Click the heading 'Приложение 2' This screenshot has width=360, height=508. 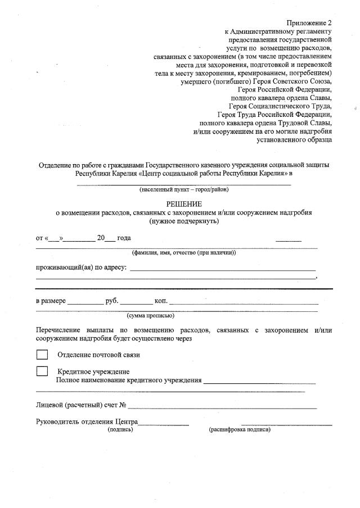coord(309,22)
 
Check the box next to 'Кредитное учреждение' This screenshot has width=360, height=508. coord(42,371)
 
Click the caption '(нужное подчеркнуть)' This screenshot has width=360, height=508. coord(183,221)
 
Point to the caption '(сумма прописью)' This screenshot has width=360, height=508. coord(150,316)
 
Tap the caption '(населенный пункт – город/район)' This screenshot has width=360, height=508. coord(184,189)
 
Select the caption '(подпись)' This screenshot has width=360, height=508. coord(120,429)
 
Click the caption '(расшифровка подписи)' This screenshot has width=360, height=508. coord(240,429)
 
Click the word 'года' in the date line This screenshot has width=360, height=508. coord(124,238)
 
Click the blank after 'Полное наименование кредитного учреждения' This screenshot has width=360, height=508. coord(259,382)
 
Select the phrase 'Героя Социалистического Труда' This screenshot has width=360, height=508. coord(280,105)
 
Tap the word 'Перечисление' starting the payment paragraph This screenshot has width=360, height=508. coord(58,330)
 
